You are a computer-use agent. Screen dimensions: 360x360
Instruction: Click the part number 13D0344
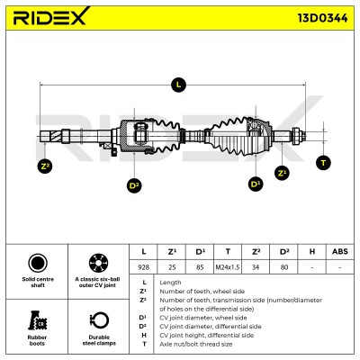pyautogui.click(x=322, y=18)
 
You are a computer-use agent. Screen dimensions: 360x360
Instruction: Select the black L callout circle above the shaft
pyautogui.click(x=178, y=85)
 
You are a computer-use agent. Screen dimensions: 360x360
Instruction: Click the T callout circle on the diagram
pyautogui.click(x=323, y=163)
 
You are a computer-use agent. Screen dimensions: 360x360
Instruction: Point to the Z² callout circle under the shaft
pyautogui.click(x=45, y=166)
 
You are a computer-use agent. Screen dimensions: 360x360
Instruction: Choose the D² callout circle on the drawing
pyautogui.click(x=134, y=186)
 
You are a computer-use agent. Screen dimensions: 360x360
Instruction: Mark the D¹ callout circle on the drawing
pyautogui.click(x=256, y=184)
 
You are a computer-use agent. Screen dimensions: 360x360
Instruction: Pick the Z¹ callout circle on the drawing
pyautogui.click(x=282, y=173)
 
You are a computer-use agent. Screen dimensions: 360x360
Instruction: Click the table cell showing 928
pyautogui.click(x=143, y=267)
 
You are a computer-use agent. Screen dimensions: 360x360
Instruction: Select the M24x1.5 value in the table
pyautogui.click(x=228, y=267)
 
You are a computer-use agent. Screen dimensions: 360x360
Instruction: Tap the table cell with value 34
pyautogui.click(x=256, y=267)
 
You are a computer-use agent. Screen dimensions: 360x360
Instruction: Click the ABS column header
pyautogui.click(x=340, y=251)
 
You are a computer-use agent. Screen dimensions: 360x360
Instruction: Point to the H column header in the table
pyautogui.click(x=312, y=251)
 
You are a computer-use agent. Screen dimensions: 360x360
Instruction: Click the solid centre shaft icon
pyautogui.click(x=38, y=263)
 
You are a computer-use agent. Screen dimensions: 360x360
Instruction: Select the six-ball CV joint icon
pyautogui.click(x=99, y=263)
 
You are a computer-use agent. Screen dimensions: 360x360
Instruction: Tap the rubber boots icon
pyautogui.click(x=37, y=320)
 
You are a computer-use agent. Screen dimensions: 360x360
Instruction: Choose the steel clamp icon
pyautogui.click(x=99, y=320)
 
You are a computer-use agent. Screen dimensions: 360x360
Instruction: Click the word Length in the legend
pyautogui.click(x=170, y=283)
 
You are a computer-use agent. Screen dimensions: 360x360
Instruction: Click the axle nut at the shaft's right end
pyautogui.click(x=296, y=136)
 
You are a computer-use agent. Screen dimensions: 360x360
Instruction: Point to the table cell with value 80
pyautogui.click(x=283, y=267)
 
